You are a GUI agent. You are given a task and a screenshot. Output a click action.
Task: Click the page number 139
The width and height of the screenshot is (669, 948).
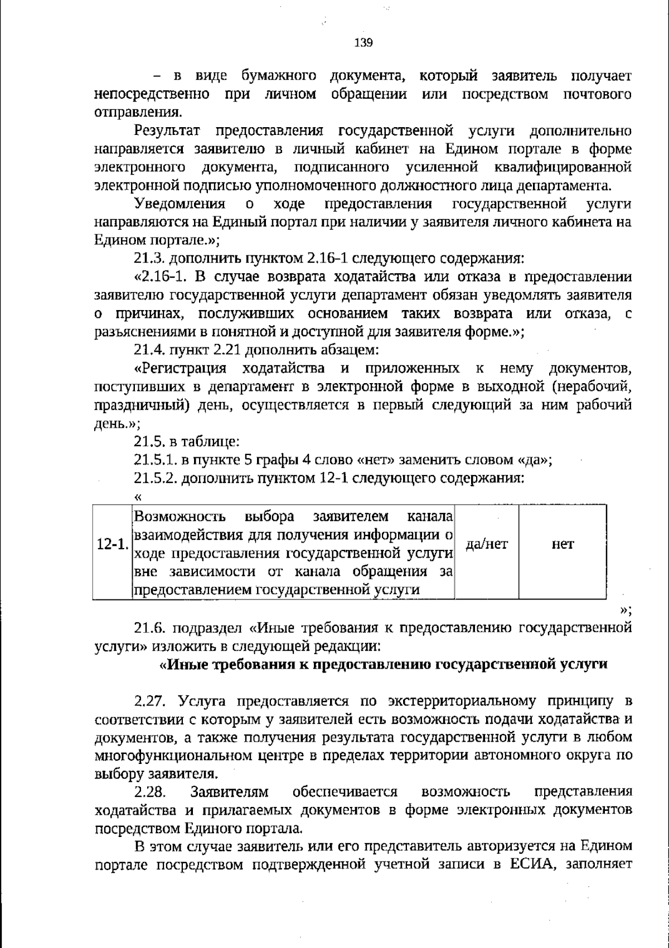363,43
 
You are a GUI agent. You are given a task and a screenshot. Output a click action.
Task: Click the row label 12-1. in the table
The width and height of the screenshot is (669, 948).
113,545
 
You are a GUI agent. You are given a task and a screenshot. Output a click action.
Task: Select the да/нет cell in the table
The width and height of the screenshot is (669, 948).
487,544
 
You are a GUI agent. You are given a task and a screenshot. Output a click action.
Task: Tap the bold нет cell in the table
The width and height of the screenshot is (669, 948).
563,544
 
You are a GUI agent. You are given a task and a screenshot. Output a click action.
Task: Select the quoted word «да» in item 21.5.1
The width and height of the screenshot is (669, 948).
534,461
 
